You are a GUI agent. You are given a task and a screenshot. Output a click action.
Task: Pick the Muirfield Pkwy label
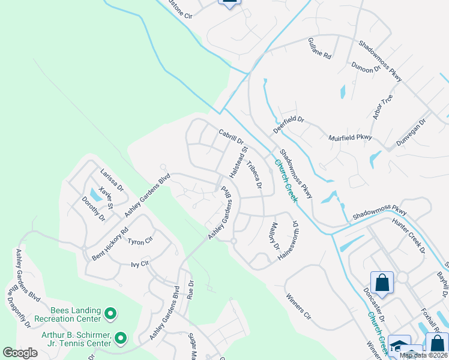coord(351,138)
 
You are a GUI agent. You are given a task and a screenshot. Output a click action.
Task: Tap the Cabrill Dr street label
coord(231,136)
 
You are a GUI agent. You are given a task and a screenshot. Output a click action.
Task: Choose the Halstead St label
coord(238,162)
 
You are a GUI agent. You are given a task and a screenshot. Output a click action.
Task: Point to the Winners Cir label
coord(298,306)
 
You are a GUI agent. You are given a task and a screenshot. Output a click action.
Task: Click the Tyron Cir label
coord(140,241)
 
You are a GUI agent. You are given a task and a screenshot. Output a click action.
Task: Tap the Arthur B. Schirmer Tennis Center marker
coord(119,339)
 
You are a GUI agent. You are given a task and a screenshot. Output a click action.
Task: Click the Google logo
coord(20,353)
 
